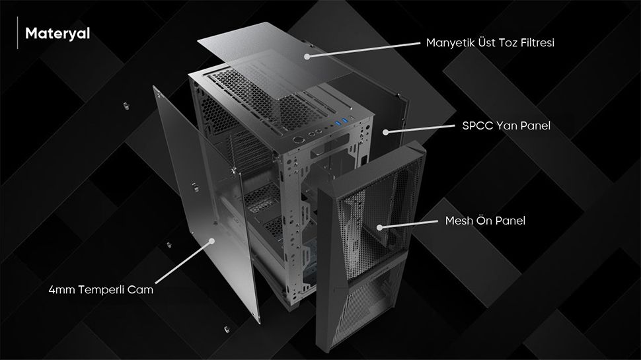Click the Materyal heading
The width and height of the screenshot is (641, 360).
57,34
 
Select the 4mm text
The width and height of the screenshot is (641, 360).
61,290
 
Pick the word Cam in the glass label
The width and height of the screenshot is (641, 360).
140,290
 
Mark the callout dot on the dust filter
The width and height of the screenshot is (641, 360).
307,56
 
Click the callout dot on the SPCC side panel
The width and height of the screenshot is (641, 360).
385,132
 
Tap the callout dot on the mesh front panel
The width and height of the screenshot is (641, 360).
379,227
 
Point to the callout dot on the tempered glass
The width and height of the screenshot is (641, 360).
211,240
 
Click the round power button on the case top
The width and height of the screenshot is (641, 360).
298,140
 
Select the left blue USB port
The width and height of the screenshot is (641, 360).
338,123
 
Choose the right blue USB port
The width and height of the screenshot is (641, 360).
346,120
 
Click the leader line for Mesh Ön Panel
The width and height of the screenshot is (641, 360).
408,225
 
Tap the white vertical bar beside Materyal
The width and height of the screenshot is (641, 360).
18,32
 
